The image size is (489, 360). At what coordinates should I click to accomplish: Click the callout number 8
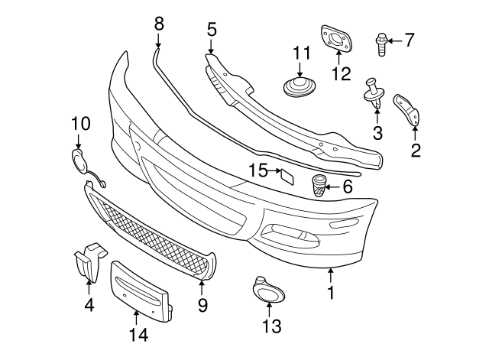(159, 23)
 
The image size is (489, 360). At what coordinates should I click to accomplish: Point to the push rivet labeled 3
(374, 91)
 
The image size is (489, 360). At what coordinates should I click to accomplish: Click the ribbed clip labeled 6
(319, 186)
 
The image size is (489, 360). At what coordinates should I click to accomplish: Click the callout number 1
(330, 292)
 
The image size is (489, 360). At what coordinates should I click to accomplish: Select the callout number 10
(80, 122)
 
